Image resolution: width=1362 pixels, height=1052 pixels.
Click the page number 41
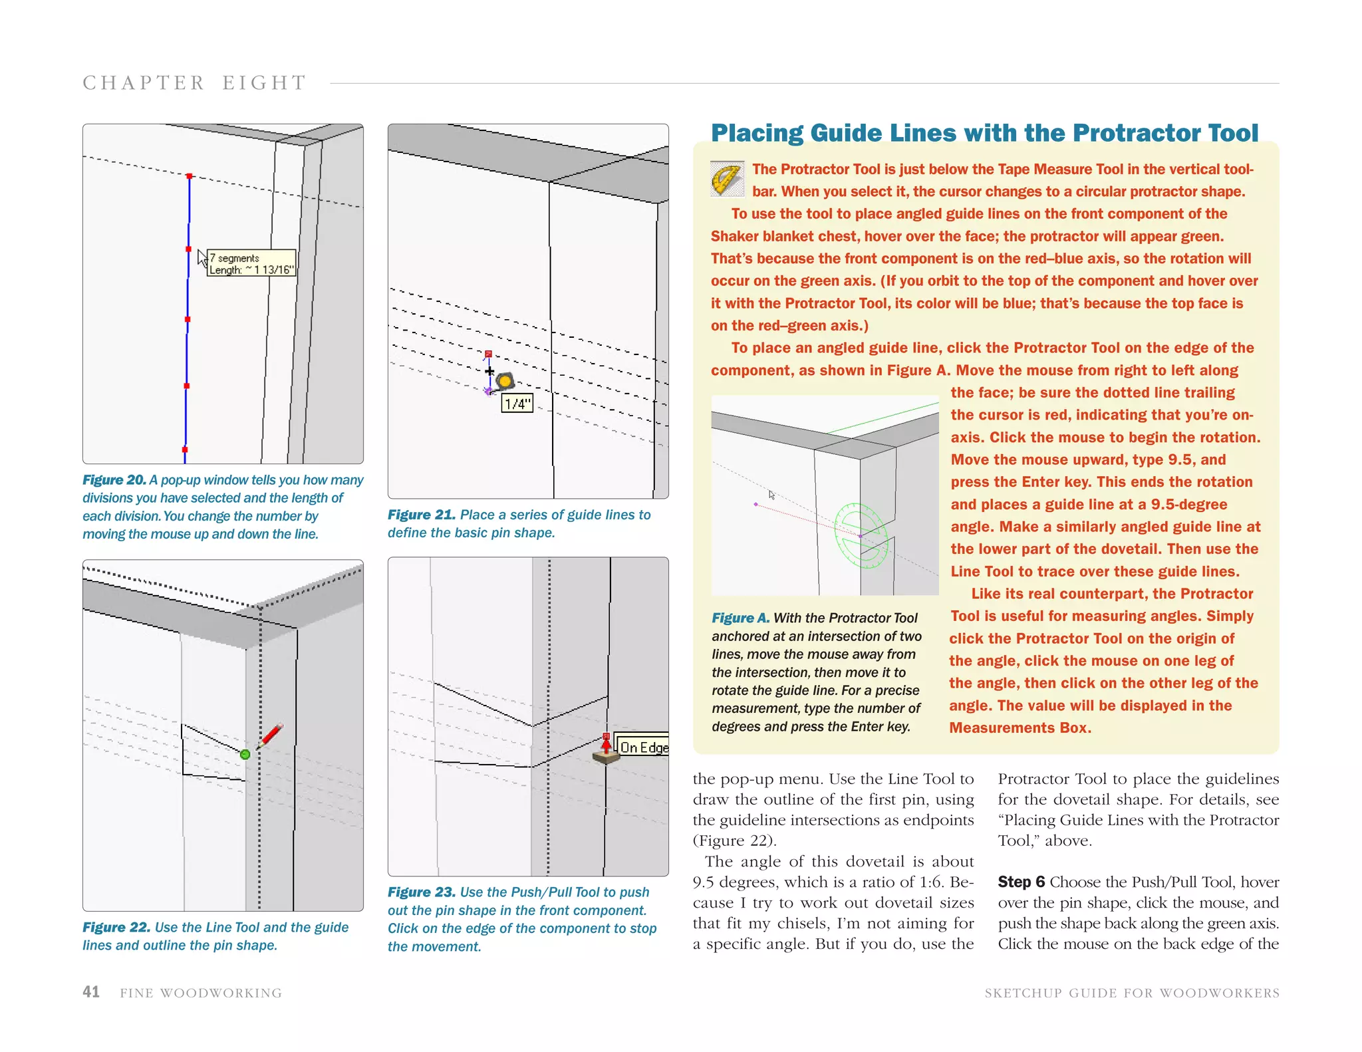click(x=91, y=991)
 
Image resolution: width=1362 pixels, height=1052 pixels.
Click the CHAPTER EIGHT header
click(x=194, y=83)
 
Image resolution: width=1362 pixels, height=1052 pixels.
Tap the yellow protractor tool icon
click(x=727, y=178)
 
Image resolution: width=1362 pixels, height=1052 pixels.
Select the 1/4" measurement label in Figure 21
click(x=517, y=404)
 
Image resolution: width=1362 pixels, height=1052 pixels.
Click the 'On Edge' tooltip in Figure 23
click(x=642, y=747)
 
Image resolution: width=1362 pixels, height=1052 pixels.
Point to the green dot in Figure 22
click(x=245, y=754)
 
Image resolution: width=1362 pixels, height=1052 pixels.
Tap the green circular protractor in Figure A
click(x=861, y=535)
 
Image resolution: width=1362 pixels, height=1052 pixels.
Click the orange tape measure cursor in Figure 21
click(x=505, y=381)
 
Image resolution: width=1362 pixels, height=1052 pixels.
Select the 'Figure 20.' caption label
click(x=114, y=480)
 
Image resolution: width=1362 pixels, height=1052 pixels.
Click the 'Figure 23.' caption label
click(x=422, y=892)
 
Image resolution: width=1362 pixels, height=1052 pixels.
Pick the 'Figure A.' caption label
click(x=740, y=618)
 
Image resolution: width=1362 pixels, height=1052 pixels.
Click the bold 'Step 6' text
click(x=1021, y=882)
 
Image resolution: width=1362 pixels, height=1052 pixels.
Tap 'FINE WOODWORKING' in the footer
click(x=201, y=993)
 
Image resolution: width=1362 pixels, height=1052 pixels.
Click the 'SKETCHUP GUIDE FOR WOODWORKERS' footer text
click(x=1131, y=993)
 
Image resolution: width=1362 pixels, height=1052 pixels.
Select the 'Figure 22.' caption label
click(x=116, y=927)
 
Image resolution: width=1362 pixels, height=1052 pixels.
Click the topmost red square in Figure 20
click(x=190, y=176)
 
